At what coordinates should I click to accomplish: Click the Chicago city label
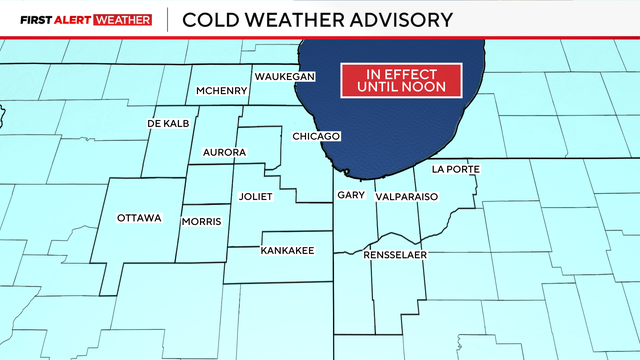(x=317, y=136)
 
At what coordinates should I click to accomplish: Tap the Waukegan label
(x=285, y=77)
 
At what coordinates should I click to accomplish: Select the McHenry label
(x=220, y=91)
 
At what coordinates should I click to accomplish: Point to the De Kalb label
(x=168, y=123)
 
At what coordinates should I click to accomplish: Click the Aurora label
(x=224, y=152)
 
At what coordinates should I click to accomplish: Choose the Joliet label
(x=256, y=197)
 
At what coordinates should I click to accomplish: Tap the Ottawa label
(x=138, y=218)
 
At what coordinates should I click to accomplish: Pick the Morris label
(x=201, y=221)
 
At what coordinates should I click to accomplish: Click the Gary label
(x=350, y=195)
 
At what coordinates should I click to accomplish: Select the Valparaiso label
(x=407, y=197)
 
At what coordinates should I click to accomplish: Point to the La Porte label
(x=456, y=170)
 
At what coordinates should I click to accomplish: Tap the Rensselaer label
(x=396, y=255)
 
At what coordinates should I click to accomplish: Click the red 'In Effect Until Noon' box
(x=401, y=81)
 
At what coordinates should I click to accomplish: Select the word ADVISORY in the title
(x=398, y=19)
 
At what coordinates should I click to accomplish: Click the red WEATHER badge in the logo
(x=122, y=19)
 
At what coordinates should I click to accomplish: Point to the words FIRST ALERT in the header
(x=53, y=19)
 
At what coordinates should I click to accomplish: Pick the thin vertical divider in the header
(x=166, y=19)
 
